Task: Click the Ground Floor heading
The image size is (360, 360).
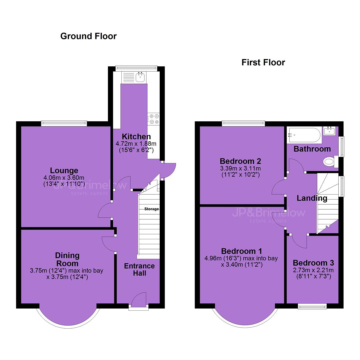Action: pos(88,36)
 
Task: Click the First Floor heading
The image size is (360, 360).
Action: pos(263,62)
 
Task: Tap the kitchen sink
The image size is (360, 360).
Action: pos(140,77)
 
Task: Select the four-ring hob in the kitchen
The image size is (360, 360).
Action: pos(153,119)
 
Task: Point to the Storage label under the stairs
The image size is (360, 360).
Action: pos(152,209)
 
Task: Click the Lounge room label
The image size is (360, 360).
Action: pos(64,171)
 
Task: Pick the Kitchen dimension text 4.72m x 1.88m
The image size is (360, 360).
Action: pos(136,144)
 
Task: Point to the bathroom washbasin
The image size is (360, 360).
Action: pos(330,131)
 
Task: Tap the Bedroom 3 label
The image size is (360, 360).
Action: pos(313,263)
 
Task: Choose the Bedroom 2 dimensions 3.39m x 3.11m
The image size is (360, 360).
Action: pos(240,168)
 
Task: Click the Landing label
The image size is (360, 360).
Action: pos(312,198)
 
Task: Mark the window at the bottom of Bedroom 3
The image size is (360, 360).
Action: pos(312,306)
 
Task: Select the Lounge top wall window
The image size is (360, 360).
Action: pos(64,123)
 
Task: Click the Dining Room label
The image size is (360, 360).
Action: pos(67,259)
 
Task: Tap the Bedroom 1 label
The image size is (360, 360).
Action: pos(241,251)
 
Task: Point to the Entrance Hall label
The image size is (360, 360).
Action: pos(139,270)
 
